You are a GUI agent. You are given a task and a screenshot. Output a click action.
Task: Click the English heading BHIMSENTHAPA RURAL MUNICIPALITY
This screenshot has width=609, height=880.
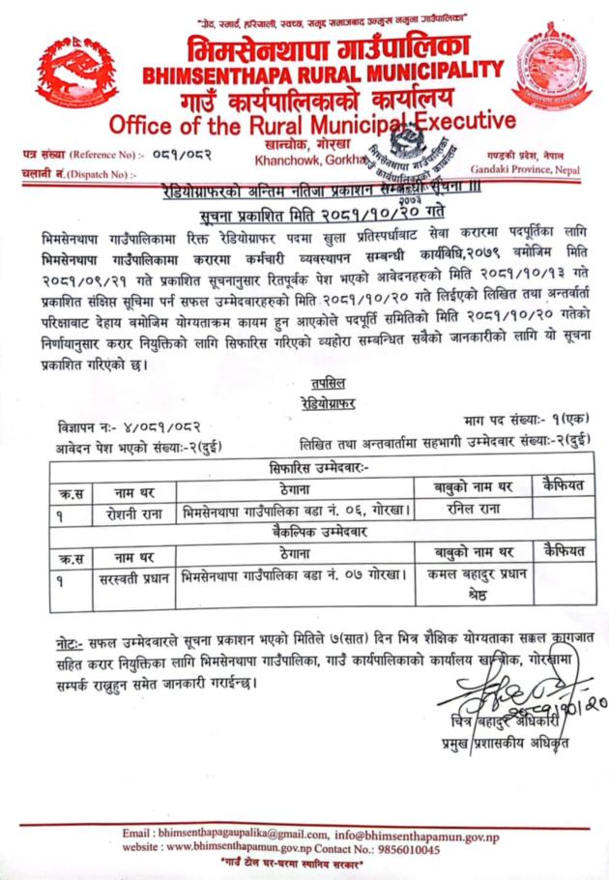(321, 73)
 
